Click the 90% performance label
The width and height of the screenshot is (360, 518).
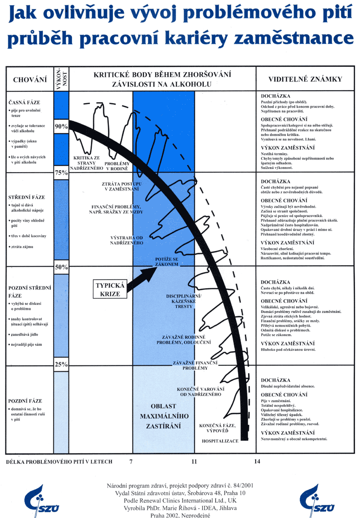tap(61, 127)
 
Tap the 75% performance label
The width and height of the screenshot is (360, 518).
tap(61, 173)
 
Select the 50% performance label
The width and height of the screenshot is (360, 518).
tap(61, 267)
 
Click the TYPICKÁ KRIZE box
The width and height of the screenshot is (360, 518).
tap(111, 289)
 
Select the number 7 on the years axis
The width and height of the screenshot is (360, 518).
tap(131, 462)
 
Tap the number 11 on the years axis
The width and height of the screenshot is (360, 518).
tap(194, 462)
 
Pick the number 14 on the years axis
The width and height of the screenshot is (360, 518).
tap(257, 462)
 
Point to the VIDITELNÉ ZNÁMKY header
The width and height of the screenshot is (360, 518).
tap(305, 79)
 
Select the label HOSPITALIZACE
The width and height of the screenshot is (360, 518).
tap(220, 441)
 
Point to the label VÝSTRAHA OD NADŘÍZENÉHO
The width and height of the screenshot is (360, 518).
tap(126, 240)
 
